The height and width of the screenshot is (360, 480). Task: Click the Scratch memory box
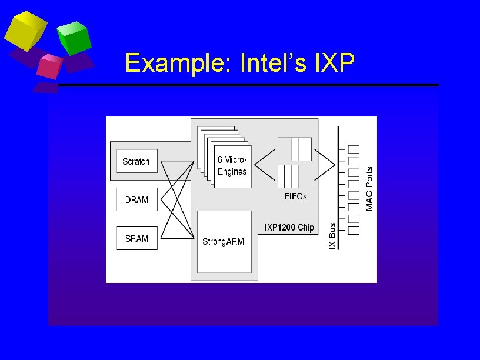pyautogui.click(x=136, y=161)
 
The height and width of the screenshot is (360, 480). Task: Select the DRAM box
pyautogui.click(x=136, y=200)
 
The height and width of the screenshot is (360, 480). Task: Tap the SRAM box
pyautogui.click(x=136, y=238)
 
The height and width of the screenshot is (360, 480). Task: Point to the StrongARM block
pyautogui.click(x=223, y=241)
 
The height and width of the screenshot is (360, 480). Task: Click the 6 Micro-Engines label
pyautogui.click(x=232, y=165)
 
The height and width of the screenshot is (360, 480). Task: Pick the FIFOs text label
pyautogui.click(x=295, y=196)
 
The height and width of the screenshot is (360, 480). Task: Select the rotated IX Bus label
pyautogui.click(x=332, y=238)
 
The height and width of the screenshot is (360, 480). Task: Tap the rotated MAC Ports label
pyautogui.click(x=369, y=188)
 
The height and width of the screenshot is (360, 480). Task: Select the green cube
pyautogui.click(x=75, y=38)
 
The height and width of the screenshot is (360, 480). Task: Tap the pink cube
pyautogui.click(x=50, y=66)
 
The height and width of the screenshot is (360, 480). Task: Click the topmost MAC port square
pyautogui.click(x=354, y=148)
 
